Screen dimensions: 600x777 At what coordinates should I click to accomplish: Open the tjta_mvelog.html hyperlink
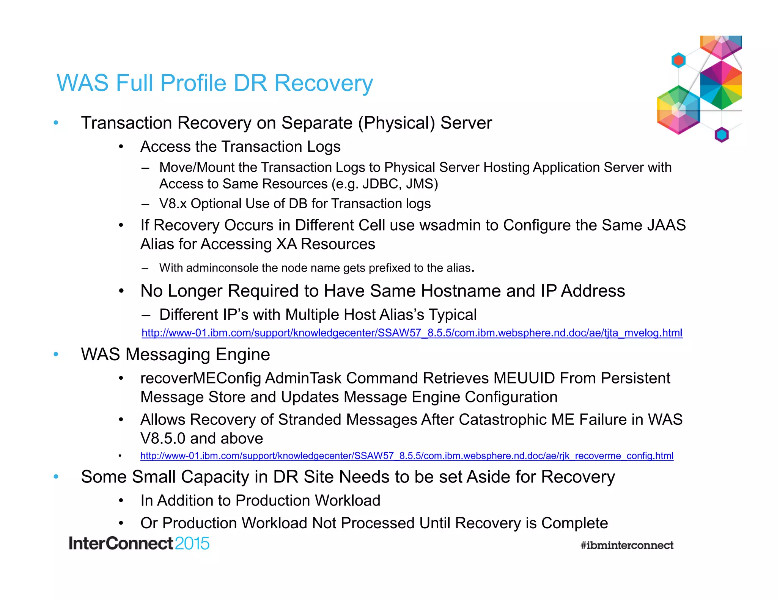412,333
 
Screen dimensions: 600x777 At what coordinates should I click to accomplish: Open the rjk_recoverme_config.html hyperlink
407,455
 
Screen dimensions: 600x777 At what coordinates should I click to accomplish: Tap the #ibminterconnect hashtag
627,545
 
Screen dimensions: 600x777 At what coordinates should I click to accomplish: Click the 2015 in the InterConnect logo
192,543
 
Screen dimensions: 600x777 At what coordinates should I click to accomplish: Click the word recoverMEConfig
201,379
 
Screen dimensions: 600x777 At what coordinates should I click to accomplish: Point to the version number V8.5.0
163,439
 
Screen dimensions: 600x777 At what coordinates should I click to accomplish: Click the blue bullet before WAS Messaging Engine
56,355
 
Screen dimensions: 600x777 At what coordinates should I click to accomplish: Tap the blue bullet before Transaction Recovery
56,123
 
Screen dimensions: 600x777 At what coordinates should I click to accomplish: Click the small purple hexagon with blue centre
721,135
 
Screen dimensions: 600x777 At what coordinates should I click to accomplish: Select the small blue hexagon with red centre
678,60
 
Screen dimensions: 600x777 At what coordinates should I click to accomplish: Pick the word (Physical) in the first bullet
396,123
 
